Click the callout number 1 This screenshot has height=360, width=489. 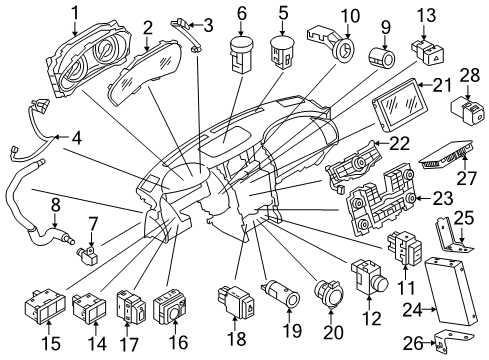click(74, 13)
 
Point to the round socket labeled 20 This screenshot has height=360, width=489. click(327, 296)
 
